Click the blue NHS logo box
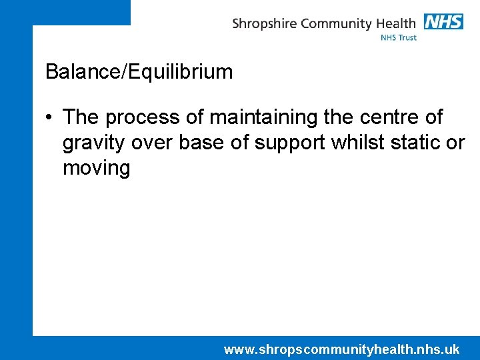coord(443,21)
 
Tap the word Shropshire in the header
coord(265,24)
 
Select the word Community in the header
coord(337,24)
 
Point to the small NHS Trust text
coord(399,38)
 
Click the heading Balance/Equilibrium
coord(139,72)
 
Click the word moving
coord(96,168)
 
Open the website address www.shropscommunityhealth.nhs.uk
coord(341,349)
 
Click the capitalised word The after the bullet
coord(81,117)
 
